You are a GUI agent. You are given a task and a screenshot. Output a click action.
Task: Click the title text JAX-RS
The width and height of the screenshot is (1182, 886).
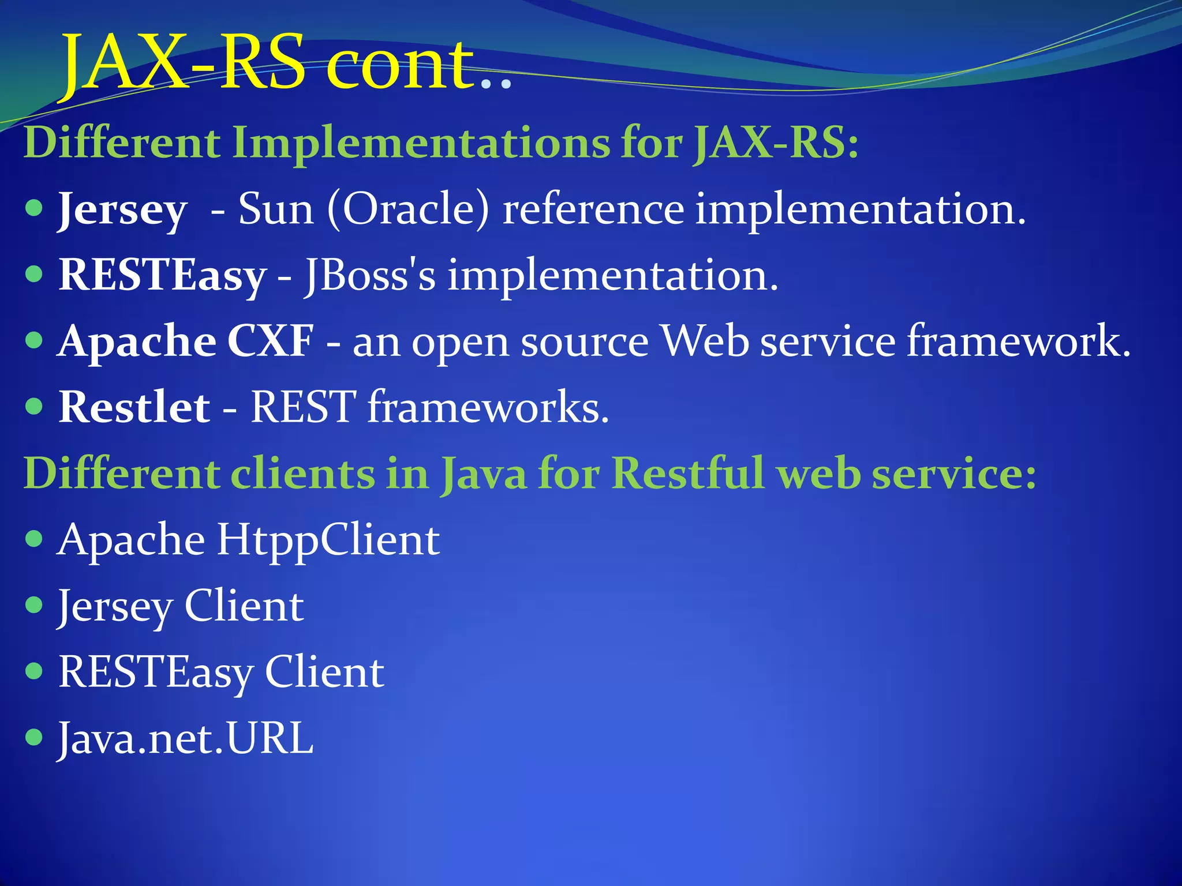tap(184, 62)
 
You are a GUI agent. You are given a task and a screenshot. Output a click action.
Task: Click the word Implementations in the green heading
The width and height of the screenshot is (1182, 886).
tap(421, 142)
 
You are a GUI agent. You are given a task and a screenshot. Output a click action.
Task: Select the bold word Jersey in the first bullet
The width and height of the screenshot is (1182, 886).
tap(123, 210)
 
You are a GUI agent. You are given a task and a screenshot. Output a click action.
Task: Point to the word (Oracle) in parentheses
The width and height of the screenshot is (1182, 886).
tap(407, 209)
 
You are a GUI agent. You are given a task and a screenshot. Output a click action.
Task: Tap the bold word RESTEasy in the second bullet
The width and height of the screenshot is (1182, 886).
tap(162, 276)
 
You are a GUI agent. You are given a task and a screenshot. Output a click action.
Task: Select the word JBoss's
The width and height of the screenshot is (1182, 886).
tap(369, 275)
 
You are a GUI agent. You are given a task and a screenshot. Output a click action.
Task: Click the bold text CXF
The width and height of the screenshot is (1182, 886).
tap(271, 341)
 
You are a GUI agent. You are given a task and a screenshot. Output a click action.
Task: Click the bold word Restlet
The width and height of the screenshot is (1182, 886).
tap(134, 407)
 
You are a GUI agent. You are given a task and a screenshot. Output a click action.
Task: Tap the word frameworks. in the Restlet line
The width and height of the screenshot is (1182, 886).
tap(488, 407)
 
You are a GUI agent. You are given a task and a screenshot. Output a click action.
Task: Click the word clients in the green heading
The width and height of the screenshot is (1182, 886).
tap(302, 474)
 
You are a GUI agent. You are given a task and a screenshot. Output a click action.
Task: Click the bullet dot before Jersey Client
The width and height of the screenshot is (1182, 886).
tap(35, 605)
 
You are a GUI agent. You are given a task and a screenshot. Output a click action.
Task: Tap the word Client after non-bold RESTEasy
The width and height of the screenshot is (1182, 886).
tap(324, 673)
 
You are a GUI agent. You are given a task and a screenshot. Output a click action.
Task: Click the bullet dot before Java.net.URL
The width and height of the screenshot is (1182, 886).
tap(35, 737)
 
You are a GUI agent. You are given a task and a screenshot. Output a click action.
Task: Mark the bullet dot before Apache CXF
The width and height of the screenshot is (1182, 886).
tap(35, 340)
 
